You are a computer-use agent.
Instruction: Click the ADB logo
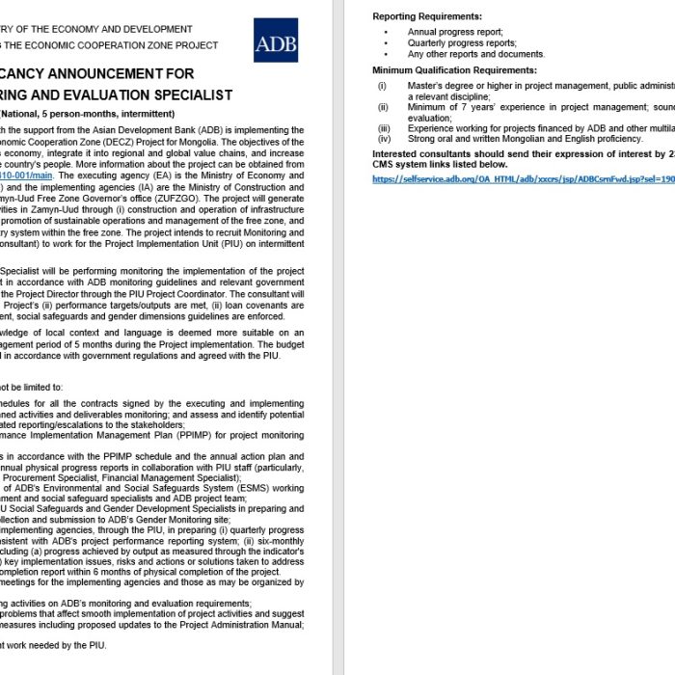[x=276, y=40]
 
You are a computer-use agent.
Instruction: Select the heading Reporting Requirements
[x=427, y=16]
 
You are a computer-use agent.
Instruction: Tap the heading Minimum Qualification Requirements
[x=454, y=70]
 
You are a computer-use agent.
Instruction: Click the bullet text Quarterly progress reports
[x=448, y=43]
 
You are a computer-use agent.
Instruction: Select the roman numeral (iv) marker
[x=384, y=139]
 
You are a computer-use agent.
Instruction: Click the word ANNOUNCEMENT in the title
[x=122, y=73]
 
